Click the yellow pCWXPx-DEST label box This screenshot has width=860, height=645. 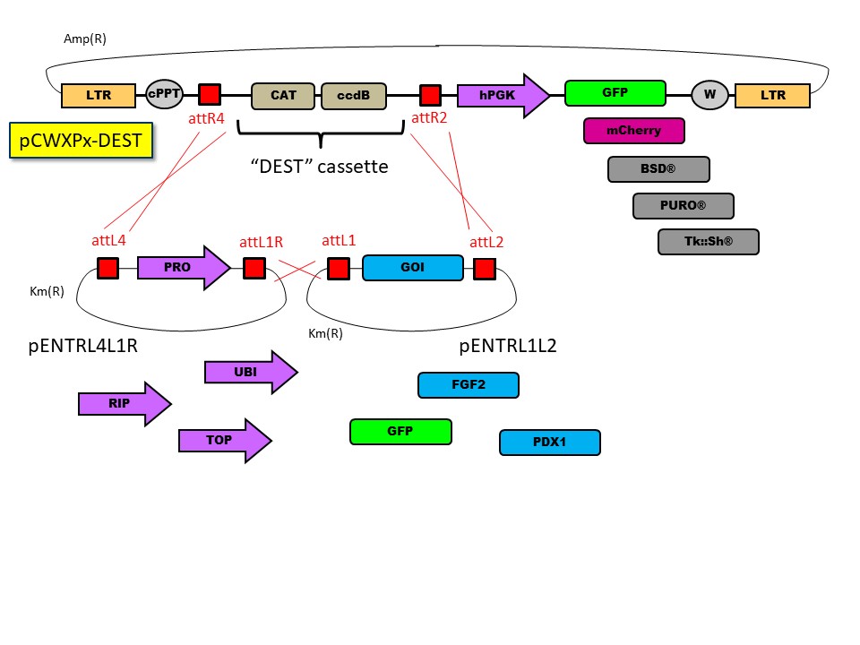[x=79, y=141]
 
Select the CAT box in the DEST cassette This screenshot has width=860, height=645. [x=283, y=96]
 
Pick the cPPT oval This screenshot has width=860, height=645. [x=164, y=94]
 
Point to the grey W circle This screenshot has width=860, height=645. [x=709, y=95]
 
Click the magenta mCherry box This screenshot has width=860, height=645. [x=634, y=131]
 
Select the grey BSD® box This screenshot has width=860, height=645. [x=658, y=169]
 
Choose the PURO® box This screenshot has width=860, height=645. [x=683, y=206]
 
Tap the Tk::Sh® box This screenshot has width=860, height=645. [x=708, y=242]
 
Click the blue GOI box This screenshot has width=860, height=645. [x=413, y=268]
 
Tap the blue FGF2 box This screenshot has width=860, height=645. [x=469, y=385]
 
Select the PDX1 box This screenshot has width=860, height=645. [x=550, y=443]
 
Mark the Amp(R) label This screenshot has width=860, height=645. [x=85, y=39]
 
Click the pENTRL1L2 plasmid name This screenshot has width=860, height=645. [x=507, y=346]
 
